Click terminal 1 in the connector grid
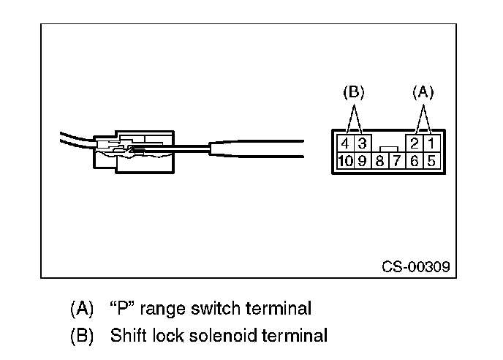(x=432, y=143)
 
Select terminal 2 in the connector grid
(x=415, y=143)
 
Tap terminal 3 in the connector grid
(x=363, y=143)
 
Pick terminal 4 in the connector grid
(x=346, y=143)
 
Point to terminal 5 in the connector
(x=432, y=160)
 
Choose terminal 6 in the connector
(x=415, y=160)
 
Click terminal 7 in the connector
(x=397, y=160)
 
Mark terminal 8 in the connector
(x=380, y=160)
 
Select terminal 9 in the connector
(x=363, y=160)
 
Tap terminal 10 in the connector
(x=346, y=160)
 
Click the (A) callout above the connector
(x=423, y=92)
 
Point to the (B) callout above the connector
(x=354, y=92)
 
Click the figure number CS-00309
(x=416, y=266)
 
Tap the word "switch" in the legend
(x=216, y=308)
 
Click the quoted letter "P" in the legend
(x=123, y=308)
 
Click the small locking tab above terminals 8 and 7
(x=389, y=149)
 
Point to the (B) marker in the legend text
(x=82, y=336)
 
